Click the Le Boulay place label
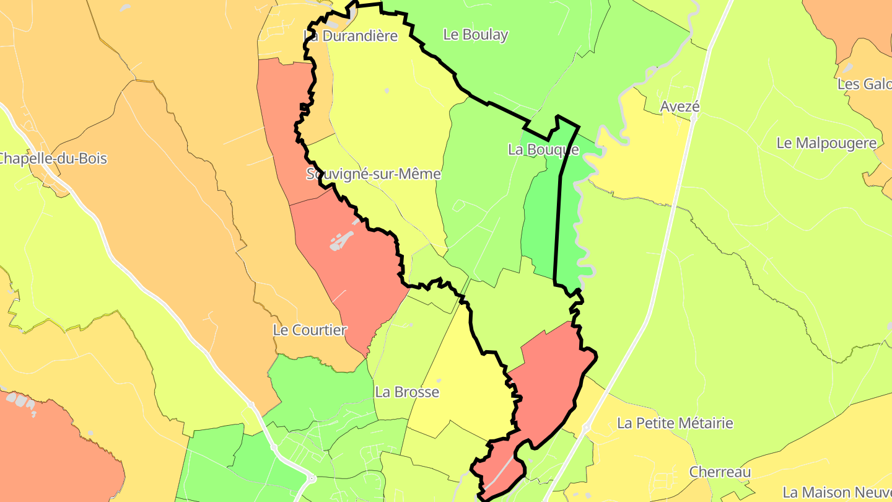(x=475, y=35)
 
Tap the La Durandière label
(x=351, y=36)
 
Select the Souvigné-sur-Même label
(x=374, y=174)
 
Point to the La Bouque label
(x=543, y=149)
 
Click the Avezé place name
(x=680, y=107)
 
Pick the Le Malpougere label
(x=826, y=143)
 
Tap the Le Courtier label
(x=310, y=330)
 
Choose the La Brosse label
(x=407, y=392)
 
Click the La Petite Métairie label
(x=675, y=423)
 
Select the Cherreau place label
(x=720, y=472)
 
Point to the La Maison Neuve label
(x=836, y=493)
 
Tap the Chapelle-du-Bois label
(x=52, y=159)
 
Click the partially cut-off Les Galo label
(x=865, y=84)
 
